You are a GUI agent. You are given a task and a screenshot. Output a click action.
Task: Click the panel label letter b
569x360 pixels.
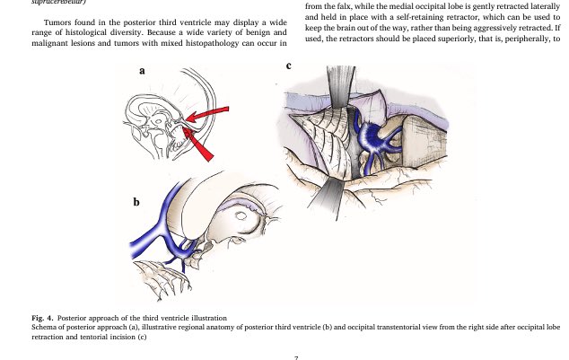click(x=137, y=202)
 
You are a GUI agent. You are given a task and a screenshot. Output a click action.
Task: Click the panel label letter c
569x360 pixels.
click(x=288, y=66)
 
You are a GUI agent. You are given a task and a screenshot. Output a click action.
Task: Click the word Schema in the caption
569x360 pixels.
click(x=43, y=329)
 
